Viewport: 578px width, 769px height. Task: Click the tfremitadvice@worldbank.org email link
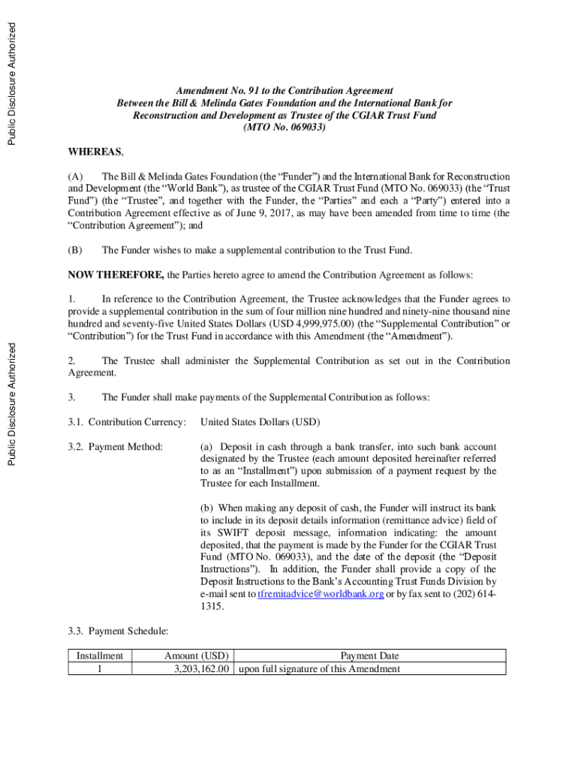[x=321, y=593]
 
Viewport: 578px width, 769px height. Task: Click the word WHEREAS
[x=95, y=152]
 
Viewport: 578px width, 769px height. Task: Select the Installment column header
[x=100, y=656]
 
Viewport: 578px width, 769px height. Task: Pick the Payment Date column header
[x=369, y=656]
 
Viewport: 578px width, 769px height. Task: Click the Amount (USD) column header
[x=197, y=656]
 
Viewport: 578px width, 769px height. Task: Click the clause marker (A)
[x=75, y=176]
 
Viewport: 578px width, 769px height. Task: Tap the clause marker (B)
[x=75, y=250]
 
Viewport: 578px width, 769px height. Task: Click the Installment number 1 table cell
[x=100, y=669]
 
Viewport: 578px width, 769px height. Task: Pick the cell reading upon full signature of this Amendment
[x=319, y=669]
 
